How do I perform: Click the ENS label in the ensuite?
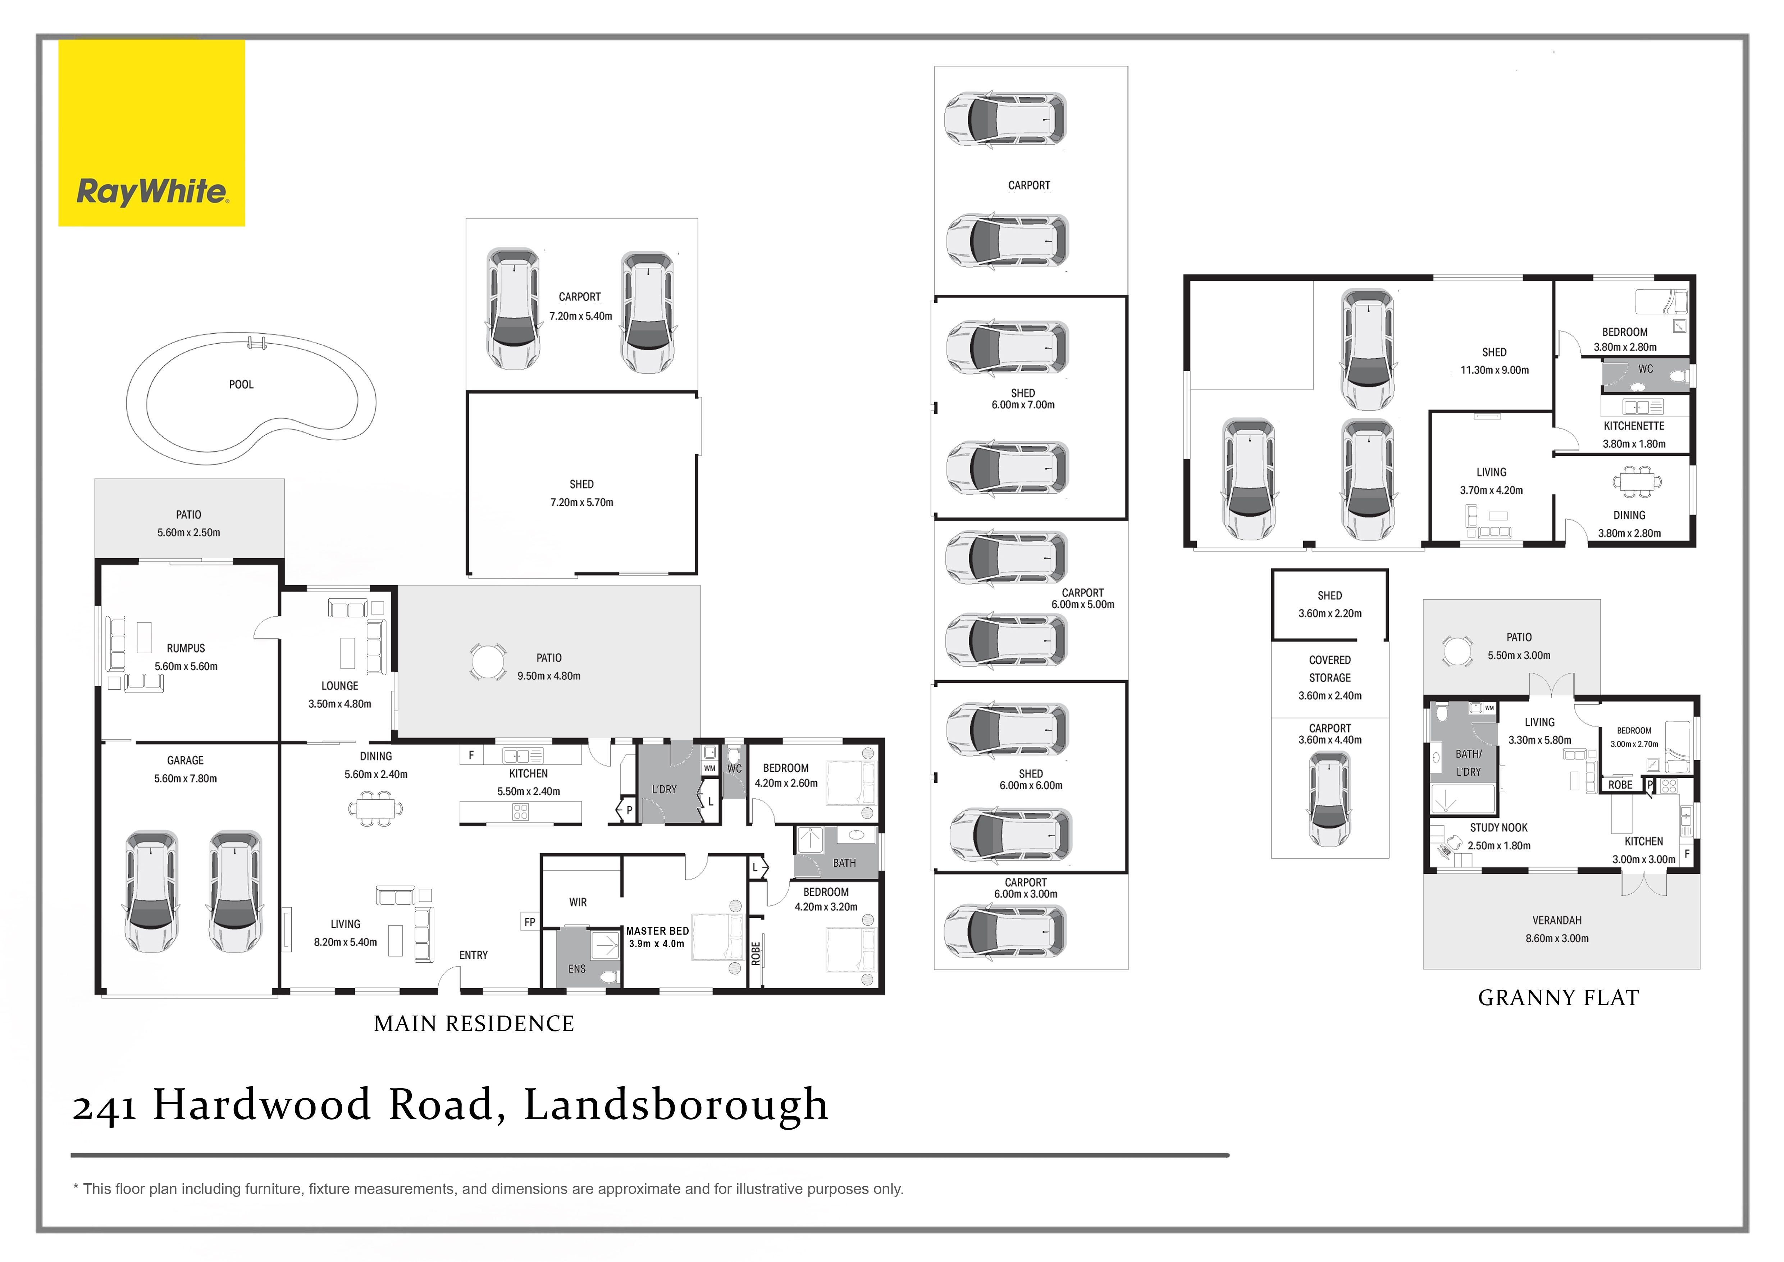(576, 968)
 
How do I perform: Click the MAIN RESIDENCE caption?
(474, 1023)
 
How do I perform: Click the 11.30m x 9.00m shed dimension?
(1494, 370)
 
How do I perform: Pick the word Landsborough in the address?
(676, 1104)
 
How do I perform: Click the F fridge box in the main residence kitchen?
(471, 754)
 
